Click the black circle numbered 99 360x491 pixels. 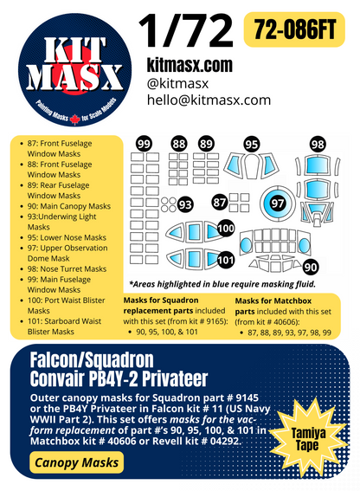click(145, 145)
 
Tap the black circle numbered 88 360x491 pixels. click(179, 145)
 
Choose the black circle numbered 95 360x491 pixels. click(252, 145)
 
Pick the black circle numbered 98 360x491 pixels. click(318, 144)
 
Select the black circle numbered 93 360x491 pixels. click(184, 204)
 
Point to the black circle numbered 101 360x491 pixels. click(225, 258)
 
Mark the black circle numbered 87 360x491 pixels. click(220, 202)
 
